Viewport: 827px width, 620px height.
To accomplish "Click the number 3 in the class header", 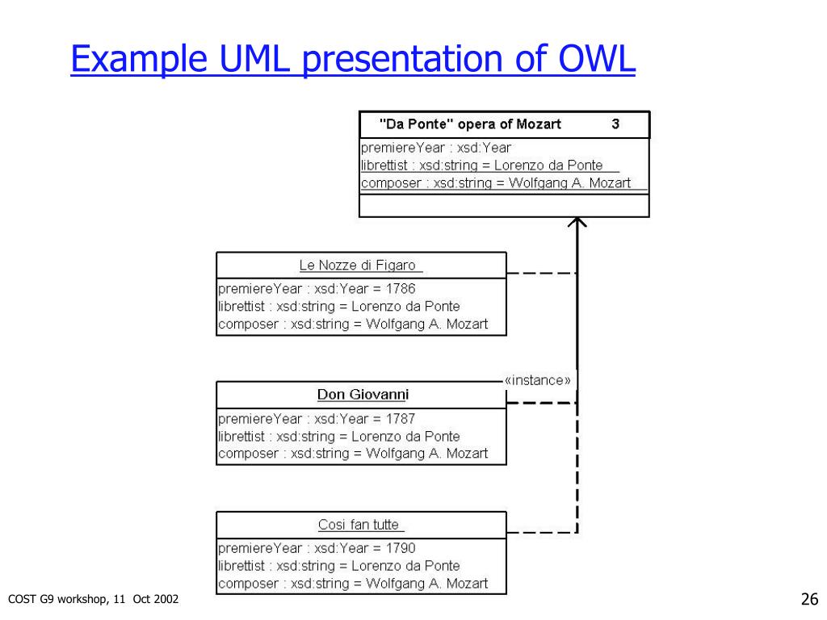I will pyautogui.click(x=615, y=124).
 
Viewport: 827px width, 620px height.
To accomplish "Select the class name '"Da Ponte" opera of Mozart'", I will pyautogui.click(x=470, y=124).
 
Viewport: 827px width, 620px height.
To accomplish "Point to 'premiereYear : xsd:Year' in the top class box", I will pyautogui.click(x=436, y=148).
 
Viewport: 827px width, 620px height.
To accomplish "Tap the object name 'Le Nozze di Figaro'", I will pyautogui.click(x=357, y=265).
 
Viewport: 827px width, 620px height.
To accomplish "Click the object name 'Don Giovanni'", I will pyautogui.click(x=363, y=395).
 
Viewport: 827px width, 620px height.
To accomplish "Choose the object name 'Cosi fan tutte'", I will pyautogui.click(x=359, y=525).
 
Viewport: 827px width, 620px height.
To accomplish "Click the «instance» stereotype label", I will pyautogui.click(x=537, y=379).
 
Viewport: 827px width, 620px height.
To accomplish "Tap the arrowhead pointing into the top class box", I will pyautogui.click(x=577, y=222).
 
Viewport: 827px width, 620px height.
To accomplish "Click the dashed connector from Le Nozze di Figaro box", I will pyautogui.click(x=541, y=274).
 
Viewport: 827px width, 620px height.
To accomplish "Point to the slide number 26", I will pyautogui.click(x=809, y=599).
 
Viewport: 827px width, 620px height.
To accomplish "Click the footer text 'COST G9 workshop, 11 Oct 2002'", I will pyautogui.click(x=93, y=598).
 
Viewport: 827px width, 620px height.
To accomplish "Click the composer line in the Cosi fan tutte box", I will pyautogui.click(x=353, y=584).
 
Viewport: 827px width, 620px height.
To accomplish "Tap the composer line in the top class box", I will pyautogui.click(x=496, y=183).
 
